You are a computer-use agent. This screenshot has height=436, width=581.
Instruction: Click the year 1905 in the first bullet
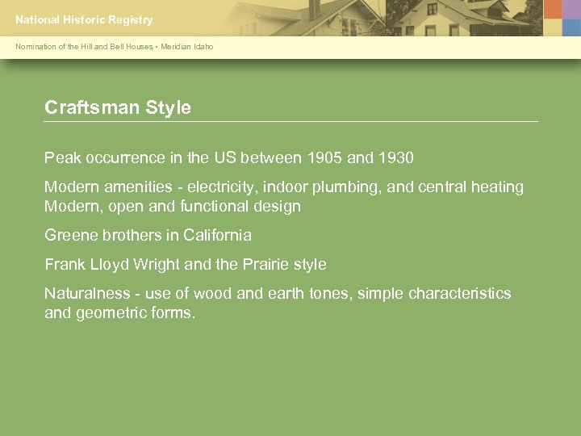[x=323, y=157]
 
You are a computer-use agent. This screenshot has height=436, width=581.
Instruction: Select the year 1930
[x=394, y=157]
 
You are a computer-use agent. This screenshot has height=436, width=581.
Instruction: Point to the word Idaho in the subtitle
[x=204, y=47]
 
